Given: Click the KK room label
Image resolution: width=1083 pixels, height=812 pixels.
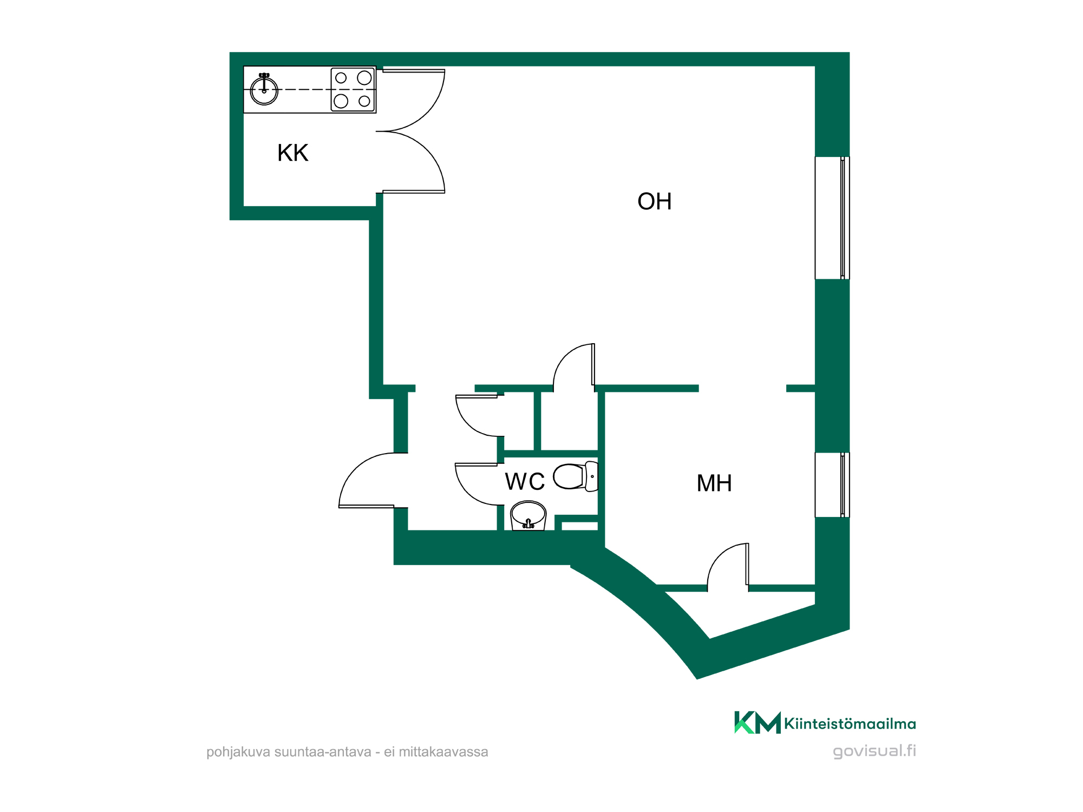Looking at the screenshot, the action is (x=293, y=153).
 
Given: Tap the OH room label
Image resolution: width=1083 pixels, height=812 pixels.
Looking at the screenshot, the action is (x=655, y=201).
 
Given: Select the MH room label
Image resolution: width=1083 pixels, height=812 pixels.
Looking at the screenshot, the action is (x=714, y=483).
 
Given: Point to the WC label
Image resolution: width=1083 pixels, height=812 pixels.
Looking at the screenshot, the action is (x=525, y=482).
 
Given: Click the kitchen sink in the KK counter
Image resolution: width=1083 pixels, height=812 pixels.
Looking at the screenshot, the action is (x=264, y=90).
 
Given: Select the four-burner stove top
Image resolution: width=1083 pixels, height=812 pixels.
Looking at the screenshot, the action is (x=353, y=90).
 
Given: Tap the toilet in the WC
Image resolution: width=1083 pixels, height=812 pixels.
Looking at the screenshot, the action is (x=576, y=476).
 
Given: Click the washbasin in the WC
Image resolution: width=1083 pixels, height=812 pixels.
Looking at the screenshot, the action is (x=529, y=515).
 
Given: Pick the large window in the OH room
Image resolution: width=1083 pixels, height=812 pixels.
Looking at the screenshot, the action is (x=832, y=218).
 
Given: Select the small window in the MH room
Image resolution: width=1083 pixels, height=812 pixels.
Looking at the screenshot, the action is (x=832, y=485).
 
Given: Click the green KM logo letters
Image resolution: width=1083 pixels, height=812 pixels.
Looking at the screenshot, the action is (x=758, y=722).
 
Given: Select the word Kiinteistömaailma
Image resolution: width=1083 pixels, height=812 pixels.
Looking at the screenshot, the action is (x=850, y=724).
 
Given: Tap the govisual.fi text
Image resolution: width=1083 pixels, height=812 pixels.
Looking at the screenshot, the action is (x=875, y=751).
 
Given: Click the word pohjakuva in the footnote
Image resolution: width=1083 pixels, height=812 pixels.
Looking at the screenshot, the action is (x=238, y=752).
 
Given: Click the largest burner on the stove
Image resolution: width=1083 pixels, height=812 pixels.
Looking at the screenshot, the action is (x=364, y=78).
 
